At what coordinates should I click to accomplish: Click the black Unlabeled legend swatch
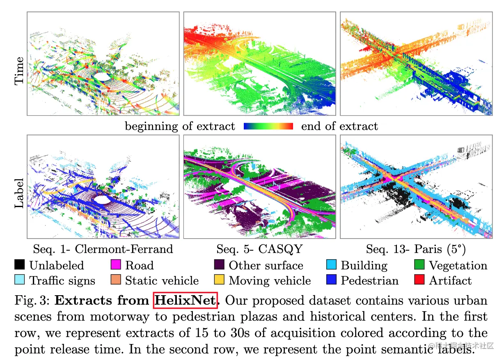click(20, 265)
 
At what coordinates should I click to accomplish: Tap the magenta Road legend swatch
click(116, 265)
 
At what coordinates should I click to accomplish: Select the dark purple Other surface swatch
click(220, 265)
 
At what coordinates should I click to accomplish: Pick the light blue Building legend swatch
click(332, 265)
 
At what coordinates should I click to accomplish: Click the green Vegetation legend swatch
click(420, 265)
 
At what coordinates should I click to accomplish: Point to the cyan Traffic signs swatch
click(20, 280)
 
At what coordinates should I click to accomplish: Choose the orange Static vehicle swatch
click(116, 280)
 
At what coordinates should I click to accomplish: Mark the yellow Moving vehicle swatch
click(220, 280)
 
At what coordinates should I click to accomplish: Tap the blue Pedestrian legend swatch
click(332, 280)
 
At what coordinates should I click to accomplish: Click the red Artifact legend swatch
click(420, 280)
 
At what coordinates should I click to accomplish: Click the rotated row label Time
click(19, 71)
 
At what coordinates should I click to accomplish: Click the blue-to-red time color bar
click(268, 126)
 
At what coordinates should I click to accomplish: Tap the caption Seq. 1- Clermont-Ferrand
click(103, 249)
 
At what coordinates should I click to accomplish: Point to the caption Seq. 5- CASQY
click(259, 249)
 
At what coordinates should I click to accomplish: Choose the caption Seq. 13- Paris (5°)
click(416, 249)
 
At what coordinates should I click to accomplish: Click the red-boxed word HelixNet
click(185, 300)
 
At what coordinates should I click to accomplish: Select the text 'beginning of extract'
click(180, 126)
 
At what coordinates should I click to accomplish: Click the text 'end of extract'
click(339, 126)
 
